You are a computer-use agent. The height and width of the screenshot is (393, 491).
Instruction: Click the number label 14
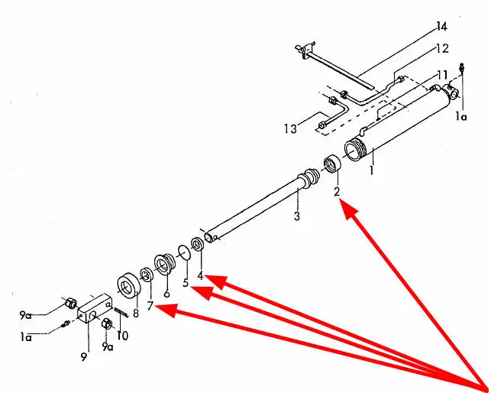tap(441, 28)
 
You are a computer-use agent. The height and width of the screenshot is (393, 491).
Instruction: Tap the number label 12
tap(442, 48)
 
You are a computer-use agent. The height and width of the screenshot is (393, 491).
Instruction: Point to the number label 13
tap(289, 129)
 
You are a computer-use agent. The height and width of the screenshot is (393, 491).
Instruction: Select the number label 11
tap(442, 74)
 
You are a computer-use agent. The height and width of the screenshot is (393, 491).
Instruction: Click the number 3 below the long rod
tap(296, 216)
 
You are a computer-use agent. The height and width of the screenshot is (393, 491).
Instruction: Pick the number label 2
tap(337, 192)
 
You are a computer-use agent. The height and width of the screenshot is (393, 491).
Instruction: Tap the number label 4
tap(200, 275)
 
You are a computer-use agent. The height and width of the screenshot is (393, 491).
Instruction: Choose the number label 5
tap(185, 283)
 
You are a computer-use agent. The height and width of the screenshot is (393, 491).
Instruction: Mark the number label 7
tap(150, 306)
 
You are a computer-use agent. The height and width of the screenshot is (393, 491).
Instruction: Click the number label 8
tap(135, 312)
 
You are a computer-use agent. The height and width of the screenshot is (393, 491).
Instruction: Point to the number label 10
tap(123, 335)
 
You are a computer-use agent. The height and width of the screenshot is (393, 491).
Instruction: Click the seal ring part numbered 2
tap(332, 164)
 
